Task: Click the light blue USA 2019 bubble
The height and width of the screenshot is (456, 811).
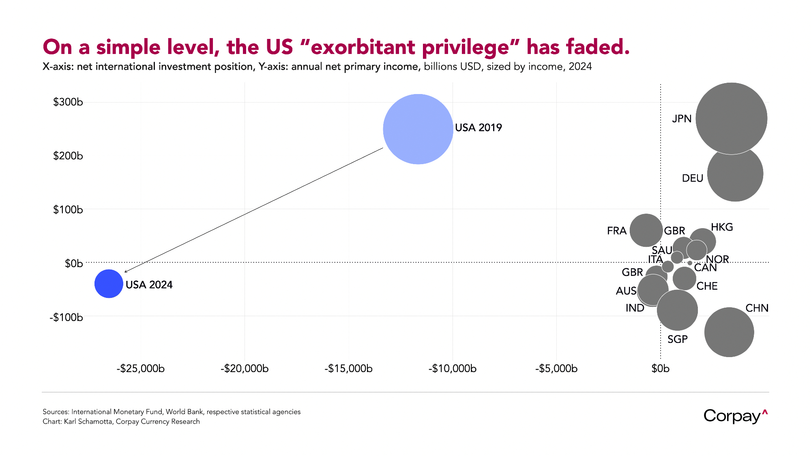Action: point(418,129)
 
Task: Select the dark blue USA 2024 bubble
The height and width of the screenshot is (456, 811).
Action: point(109,284)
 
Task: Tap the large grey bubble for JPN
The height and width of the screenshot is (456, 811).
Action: point(731,118)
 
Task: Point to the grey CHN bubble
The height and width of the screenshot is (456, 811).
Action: point(729,332)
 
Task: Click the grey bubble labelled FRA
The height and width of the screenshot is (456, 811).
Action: point(646,230)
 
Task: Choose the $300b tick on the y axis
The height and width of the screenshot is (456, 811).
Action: point(68,102)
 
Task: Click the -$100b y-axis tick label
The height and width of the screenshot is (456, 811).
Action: point(66,317)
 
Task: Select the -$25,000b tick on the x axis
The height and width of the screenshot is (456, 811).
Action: point(141,368)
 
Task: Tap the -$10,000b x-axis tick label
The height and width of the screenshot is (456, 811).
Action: point(453,368)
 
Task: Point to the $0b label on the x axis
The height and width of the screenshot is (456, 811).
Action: point(660,368)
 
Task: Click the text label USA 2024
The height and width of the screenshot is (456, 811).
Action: point(149,285)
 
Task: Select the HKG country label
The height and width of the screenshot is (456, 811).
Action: point(722,227)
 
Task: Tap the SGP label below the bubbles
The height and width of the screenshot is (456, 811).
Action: point(678,339)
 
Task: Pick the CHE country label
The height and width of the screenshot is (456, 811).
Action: point(707,286)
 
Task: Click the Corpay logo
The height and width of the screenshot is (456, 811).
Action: point(735,416)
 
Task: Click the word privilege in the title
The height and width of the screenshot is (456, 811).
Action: point(465,47)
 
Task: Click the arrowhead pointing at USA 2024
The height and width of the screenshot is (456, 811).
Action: point(125,272)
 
